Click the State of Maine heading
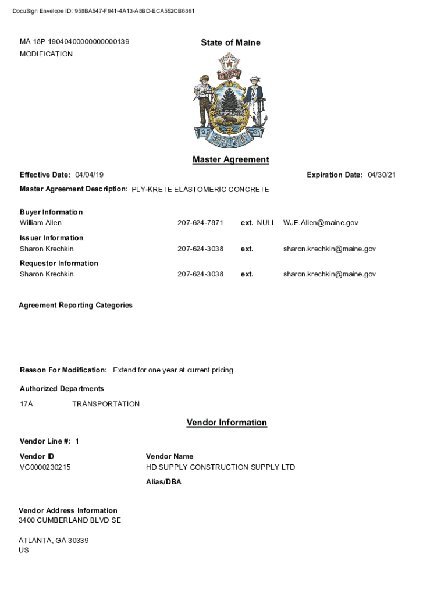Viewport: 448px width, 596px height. click(x=230, y=42)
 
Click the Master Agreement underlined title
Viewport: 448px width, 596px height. click(x=230, y=159)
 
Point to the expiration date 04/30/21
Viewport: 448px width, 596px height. click(x=382, y=175)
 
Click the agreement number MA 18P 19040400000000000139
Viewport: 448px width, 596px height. click(x=74, y=42)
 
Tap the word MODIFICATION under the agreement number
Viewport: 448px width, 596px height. click(x=47, y=54)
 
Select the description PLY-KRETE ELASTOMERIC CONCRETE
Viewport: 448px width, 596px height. click(x=200, y=190)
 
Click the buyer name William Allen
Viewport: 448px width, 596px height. click(x=41, y=223)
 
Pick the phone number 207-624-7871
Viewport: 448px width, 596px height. click(x=200, y=223)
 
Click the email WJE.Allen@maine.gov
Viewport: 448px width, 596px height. click(x=321, y=223)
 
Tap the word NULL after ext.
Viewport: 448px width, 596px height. click(x=266, y=223)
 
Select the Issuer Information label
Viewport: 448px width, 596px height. click(x=51, y=238)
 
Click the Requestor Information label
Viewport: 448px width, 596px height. click(x=59, y=264)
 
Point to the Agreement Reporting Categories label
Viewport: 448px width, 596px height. click(x=76, y=305)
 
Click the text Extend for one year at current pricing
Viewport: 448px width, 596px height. click(x=173, y=370)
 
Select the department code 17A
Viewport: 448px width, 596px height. click(x=26, y=404)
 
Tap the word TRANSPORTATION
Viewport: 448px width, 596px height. click(x=106, y=404)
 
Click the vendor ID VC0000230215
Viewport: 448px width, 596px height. click(x=45, y=467)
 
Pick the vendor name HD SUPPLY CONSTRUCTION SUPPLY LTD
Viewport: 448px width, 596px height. click(x=221, y=467)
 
